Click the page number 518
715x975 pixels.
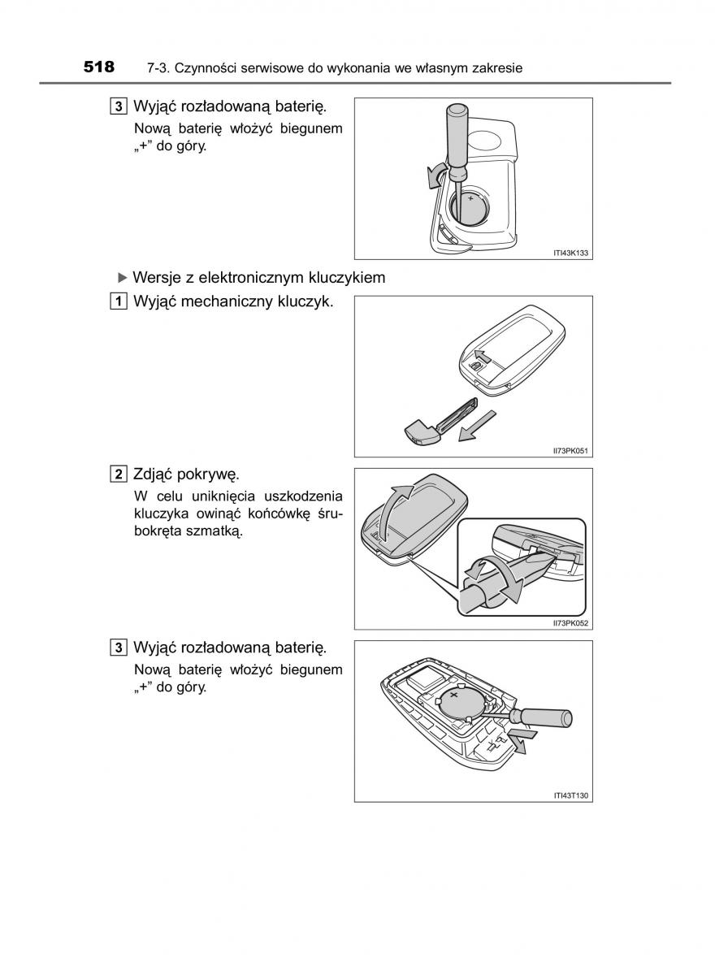[x=99, y=67]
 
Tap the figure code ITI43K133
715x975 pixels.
[x=570, y=253]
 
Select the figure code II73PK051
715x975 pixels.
[x=570, y=450]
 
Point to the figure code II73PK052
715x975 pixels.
[x=570, y=623]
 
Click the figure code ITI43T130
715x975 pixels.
[x=570, y=795]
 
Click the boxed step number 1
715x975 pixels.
[x=119, y=301]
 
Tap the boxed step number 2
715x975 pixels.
[x=119, y=474]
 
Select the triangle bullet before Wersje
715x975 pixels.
[x=123, y=277]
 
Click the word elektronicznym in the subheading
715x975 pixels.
[x=251, y=278]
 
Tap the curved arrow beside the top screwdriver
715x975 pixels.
[x=436, y=175]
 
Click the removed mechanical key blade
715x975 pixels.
[x=442, y=422]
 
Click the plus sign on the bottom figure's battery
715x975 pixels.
[x=454, y=695]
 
